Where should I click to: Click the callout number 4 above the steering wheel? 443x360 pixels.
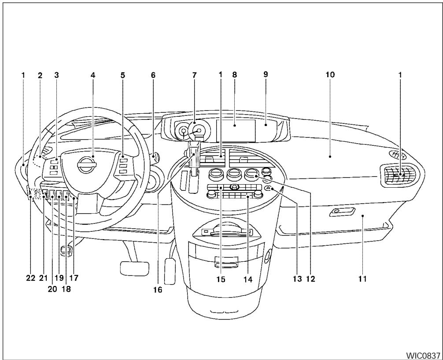point(93,75)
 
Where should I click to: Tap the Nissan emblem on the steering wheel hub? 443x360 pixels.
point(84,165)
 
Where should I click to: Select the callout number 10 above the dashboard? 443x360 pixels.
point(330,75)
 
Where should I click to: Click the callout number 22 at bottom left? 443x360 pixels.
point(30,278)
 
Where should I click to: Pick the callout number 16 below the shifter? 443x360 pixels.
point(157,289)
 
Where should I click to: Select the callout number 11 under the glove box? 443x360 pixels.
point(362,278)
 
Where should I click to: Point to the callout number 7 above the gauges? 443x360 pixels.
point(194,75)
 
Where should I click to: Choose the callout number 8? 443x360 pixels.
point(234,75)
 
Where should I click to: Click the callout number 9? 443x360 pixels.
point(265,75)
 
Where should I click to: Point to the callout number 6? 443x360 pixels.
point(153,75)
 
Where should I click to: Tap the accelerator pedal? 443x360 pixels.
point(170,268)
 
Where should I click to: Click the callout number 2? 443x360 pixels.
point(40,75)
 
